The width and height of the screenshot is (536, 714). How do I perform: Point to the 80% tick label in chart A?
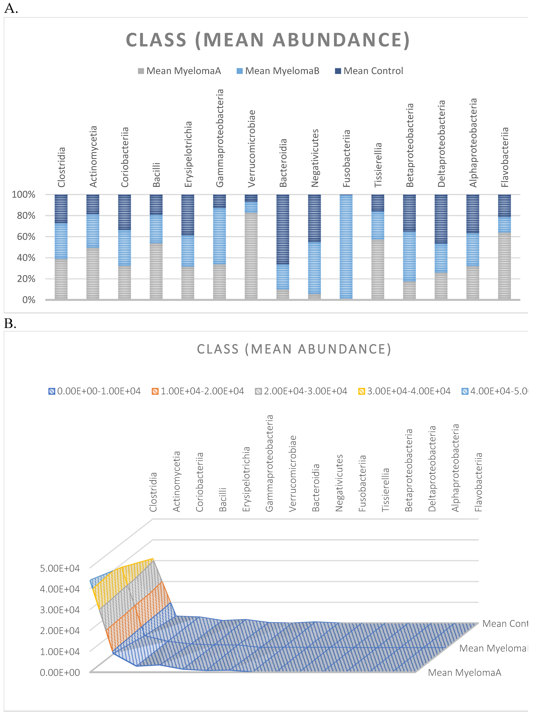click(26, 216)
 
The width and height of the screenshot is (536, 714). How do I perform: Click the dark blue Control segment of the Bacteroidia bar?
click(283, 229)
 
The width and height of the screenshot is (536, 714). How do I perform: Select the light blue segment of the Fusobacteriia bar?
click(346, 247)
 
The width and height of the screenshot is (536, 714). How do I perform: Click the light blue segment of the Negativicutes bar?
click(314, 268)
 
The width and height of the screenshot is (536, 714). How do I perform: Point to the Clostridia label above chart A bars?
click(61, 167)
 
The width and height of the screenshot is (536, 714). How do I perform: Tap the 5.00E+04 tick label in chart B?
click(60, 568)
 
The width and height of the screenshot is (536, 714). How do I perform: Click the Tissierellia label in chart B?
click(386, 490)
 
